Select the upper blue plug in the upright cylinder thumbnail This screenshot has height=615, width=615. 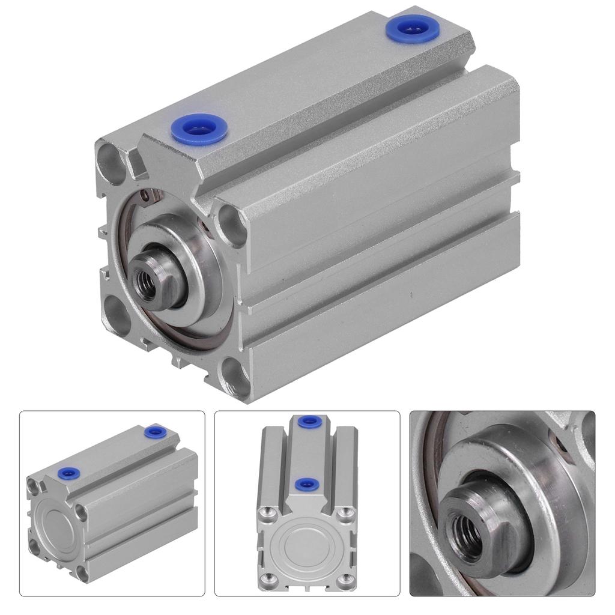coord(307,421)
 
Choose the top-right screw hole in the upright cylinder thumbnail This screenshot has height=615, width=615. coord(345,512)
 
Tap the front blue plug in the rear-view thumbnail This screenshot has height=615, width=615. coord(67,474)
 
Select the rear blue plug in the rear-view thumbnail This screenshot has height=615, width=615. coord(156,431)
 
